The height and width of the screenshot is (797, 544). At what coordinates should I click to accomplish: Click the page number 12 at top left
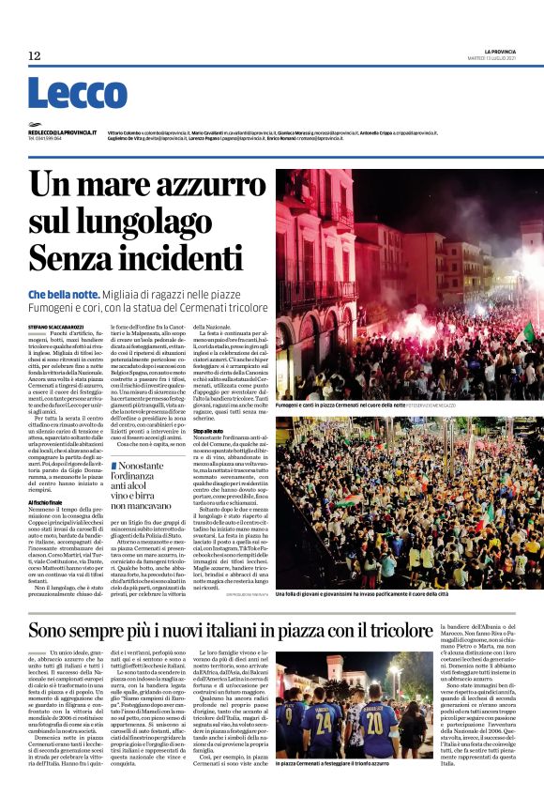coord(35,56)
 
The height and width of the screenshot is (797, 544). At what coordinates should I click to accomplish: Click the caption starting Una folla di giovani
coord(375,594)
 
